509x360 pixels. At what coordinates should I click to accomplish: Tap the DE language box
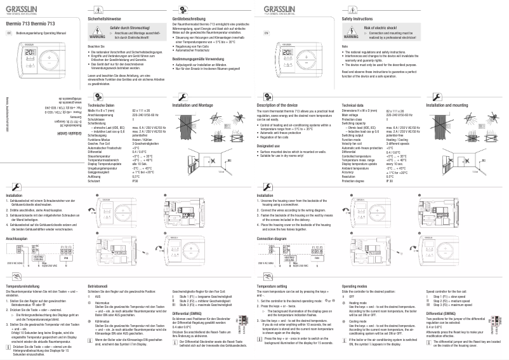coord(9,32)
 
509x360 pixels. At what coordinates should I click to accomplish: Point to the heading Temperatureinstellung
coord(24,287)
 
